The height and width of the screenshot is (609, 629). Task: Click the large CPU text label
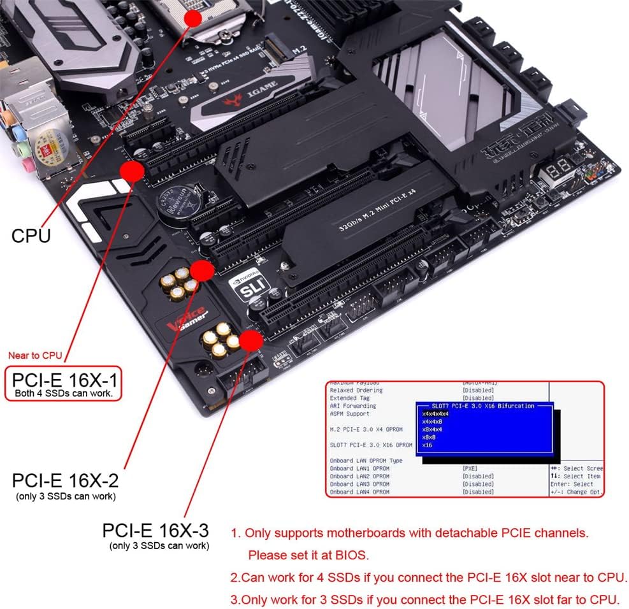(31, 236)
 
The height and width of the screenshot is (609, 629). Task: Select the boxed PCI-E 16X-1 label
(64, 383)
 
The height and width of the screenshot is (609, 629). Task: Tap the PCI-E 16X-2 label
(65, 480)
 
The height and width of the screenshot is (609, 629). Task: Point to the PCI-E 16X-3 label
(155, 530)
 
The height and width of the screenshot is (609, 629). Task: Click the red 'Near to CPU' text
(35, 355)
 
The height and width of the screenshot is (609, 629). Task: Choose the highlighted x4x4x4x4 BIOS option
(435, 414)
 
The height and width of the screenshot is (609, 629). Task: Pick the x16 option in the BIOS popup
(428, 445)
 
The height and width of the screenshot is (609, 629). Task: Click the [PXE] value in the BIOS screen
(471, 468)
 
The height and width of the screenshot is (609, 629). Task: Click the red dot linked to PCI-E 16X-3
(251, 341)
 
